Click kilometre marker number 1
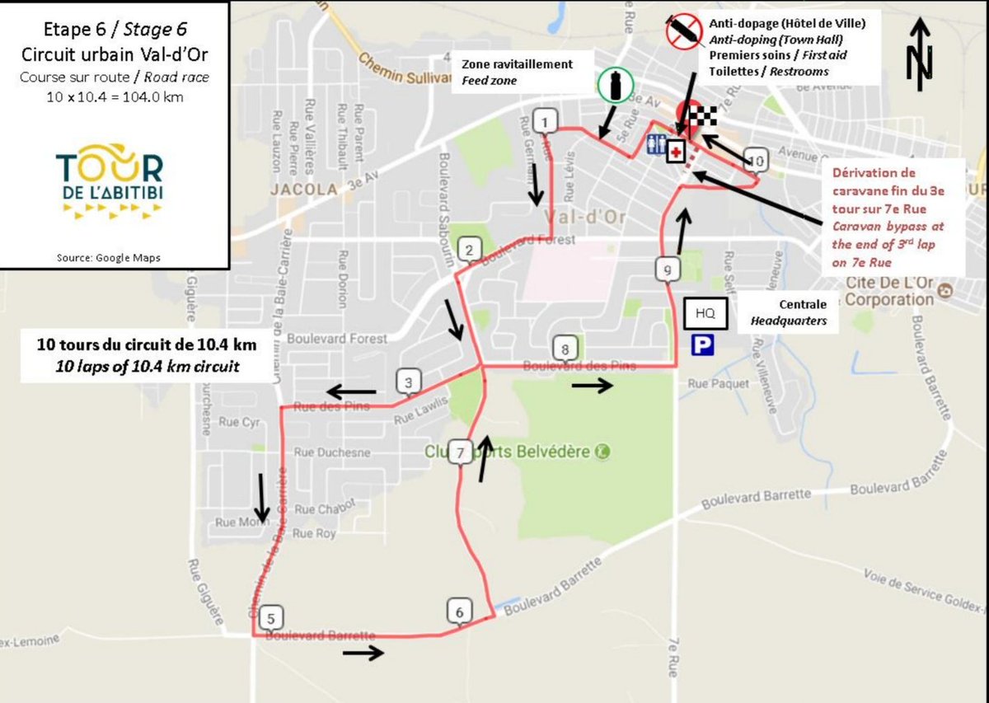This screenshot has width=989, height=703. [x=544, y=122]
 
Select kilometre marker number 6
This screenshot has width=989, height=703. [x=459, y=611]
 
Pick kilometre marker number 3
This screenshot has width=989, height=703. [x=408, y=382]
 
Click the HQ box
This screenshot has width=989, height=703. [x=705, y=314]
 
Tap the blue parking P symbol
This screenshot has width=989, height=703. [x=702, y=344]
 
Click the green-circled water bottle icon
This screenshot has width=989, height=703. [x=615, y=84]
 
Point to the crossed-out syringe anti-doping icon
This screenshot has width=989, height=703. [x=683, y=33]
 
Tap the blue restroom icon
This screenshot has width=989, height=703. [x=656, y=143]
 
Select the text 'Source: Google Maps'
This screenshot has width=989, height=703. [x=109, y=257]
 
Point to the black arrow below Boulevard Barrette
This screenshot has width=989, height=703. [x=363, y=653]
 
